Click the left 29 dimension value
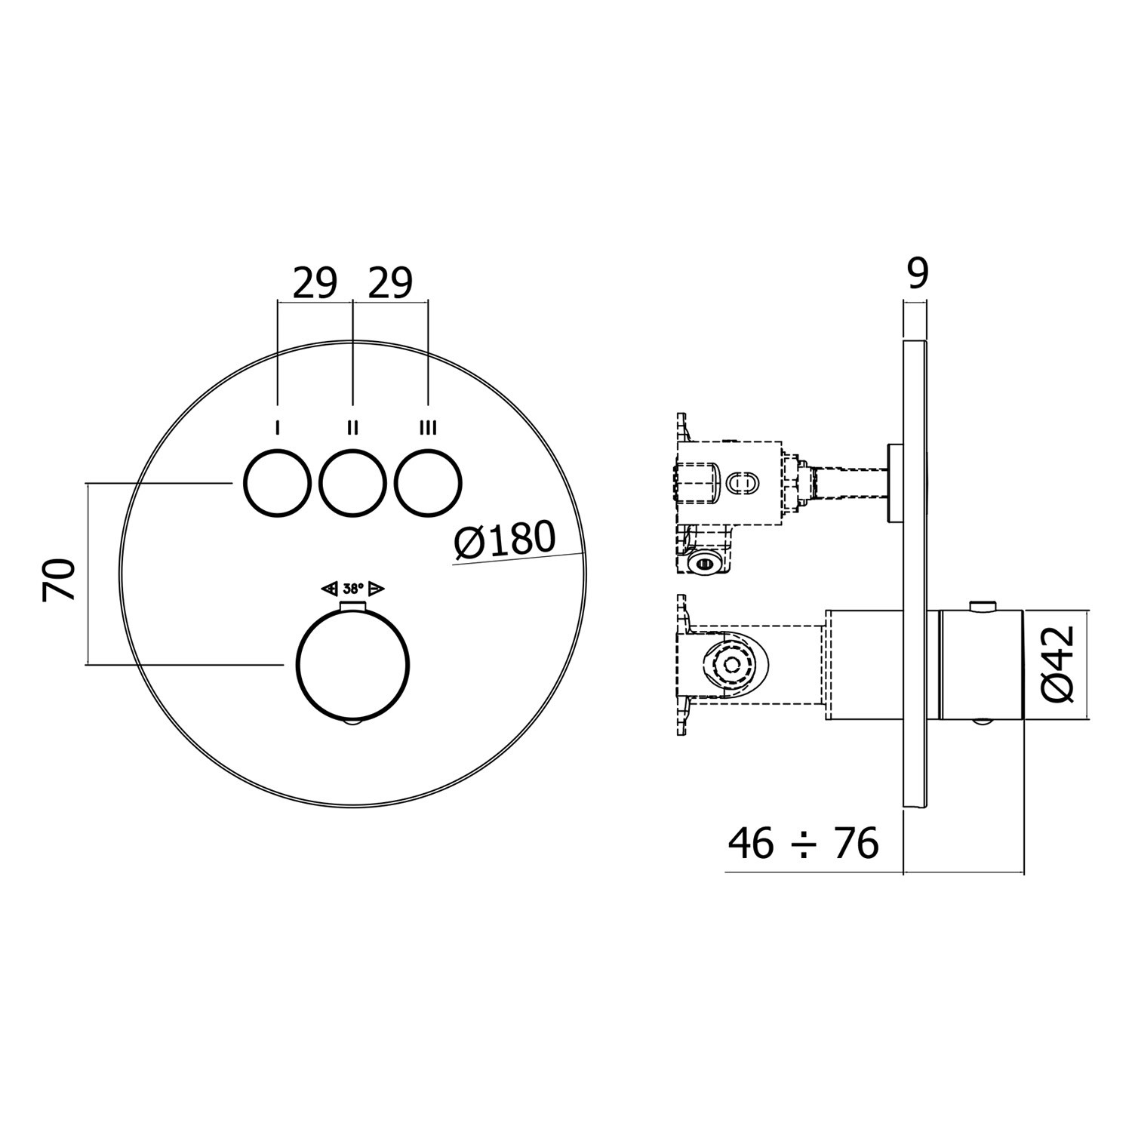[x=315, y=284]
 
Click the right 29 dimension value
[x=390, y=284]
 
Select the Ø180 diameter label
[x=506, y=540]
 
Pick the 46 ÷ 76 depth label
[x=804, y=843]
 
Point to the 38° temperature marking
[x=353, y=589]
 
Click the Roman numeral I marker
[x=278, y=429]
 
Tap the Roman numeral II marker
[x=352, y=429]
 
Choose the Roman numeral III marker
[x=428, y=429]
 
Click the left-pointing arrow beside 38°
[x=329, y=589]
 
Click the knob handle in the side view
[x=981, y=664]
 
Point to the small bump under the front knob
[x=353, y=724]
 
